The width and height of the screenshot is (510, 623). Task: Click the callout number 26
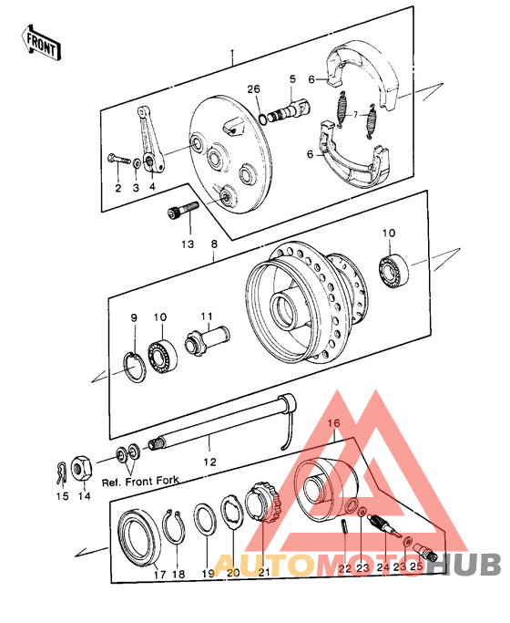pos(253,88)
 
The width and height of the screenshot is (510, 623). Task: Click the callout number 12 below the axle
pos(211,462)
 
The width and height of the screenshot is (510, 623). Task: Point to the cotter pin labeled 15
pos(61,473)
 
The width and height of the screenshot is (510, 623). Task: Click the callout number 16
pos(333,423)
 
